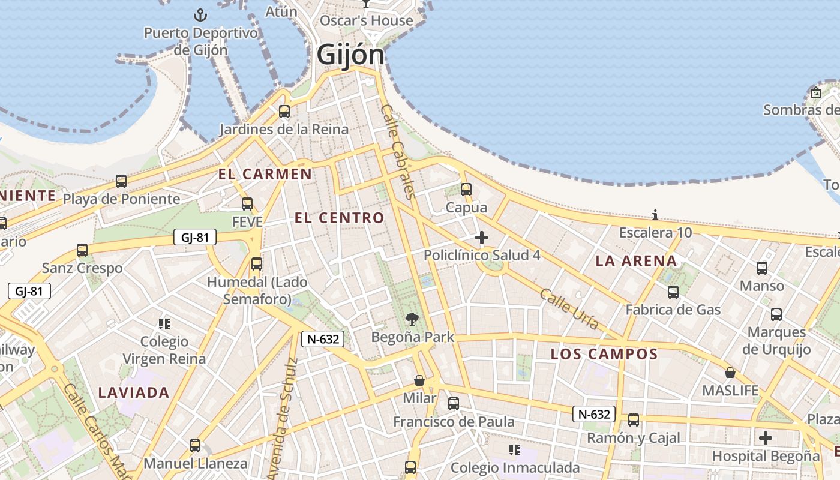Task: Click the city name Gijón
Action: click(350, 55)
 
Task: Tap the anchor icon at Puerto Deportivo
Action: click(200, 14)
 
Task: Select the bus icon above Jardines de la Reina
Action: click(284, 111)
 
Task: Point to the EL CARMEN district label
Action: click(265, 175)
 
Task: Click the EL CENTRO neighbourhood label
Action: click(339, 218)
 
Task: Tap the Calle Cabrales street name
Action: click(398, 151)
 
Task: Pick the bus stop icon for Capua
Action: click(466, 190)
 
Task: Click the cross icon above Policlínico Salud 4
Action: click(481, 238)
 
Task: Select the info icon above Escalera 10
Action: click(655, 215)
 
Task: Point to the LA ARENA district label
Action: click(636, 261)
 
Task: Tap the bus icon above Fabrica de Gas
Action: click(673, 292)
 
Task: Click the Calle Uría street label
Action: click(569, 309)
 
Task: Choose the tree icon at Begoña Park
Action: click(412, 319)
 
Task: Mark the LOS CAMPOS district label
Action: click(604, 354)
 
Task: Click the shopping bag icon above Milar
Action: click(419, 380)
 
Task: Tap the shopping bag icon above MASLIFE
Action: click(730, 373)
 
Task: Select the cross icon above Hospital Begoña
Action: click(765, 438)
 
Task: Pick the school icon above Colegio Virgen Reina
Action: click(164, 324)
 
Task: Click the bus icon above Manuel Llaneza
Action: click(195, 446)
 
